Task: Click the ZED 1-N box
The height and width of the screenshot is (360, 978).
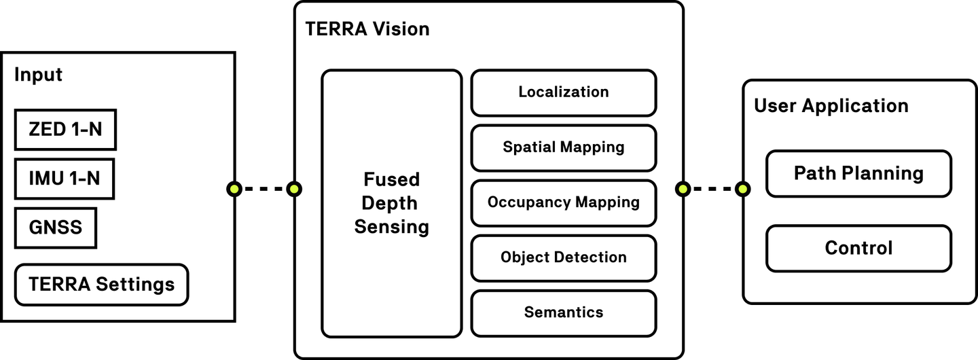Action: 65,129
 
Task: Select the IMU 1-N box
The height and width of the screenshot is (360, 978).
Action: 65,179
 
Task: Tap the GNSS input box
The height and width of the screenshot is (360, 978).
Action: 56,228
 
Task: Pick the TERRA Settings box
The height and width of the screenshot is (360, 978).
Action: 101,284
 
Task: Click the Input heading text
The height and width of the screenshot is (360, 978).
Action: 38,75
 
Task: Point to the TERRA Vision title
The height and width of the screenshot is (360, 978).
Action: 367,29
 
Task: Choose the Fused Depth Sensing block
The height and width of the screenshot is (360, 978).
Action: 391,203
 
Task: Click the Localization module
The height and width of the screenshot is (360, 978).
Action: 564,92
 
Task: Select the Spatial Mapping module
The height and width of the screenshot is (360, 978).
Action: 564,147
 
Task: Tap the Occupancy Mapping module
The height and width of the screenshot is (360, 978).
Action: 564,202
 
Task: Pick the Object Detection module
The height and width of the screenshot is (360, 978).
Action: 564,257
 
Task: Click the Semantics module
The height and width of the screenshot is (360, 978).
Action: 564,312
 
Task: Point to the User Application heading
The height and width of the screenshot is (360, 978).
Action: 831,106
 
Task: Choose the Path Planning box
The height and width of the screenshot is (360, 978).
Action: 858,173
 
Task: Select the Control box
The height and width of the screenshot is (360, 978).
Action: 858,248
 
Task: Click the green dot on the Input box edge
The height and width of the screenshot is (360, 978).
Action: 234,189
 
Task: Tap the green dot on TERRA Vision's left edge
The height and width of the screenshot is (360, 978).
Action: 294,189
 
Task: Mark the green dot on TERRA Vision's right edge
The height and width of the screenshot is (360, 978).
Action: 683,189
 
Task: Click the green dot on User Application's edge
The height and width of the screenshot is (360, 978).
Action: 743,189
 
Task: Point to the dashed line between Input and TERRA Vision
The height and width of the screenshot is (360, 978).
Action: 264,189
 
